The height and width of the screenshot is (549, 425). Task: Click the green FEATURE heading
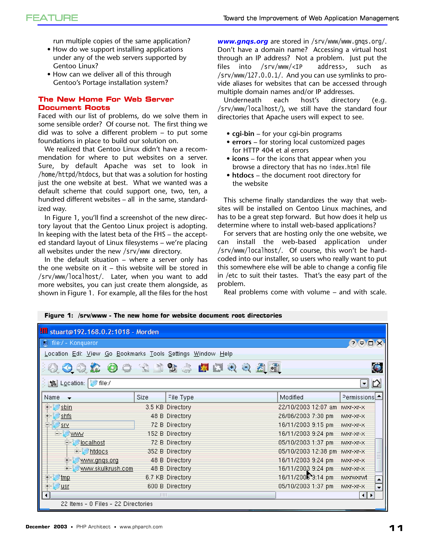click(x=52, y=18)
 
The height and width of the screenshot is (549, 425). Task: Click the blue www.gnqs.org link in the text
click(x=242, y=41)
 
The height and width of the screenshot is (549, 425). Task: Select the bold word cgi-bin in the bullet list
click(x=243, y=134)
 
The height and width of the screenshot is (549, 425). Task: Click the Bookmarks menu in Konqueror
click(x=131, y=354)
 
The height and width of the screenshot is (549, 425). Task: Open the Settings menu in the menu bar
click(x=179, y=354)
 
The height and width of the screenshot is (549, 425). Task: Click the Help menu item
click(x=226, y=354)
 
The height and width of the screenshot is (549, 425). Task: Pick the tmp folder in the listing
click(x=65, y=477)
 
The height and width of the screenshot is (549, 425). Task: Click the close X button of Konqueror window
click(x=380, y=343)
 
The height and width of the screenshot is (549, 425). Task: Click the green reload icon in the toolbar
click(x=112, y=368)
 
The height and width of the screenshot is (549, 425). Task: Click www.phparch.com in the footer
click(x=141, y=527)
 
